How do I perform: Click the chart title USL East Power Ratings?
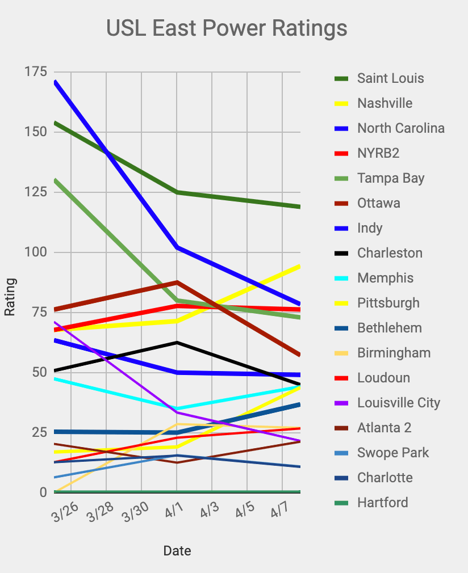tap(227, 28)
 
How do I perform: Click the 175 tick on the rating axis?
tap(35, 72)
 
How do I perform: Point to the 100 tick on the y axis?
tap(35, 252)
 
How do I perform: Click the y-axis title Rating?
tap(10, 297)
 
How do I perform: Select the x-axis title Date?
tap(177, 551)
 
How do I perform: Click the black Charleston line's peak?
tap(177, 343)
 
